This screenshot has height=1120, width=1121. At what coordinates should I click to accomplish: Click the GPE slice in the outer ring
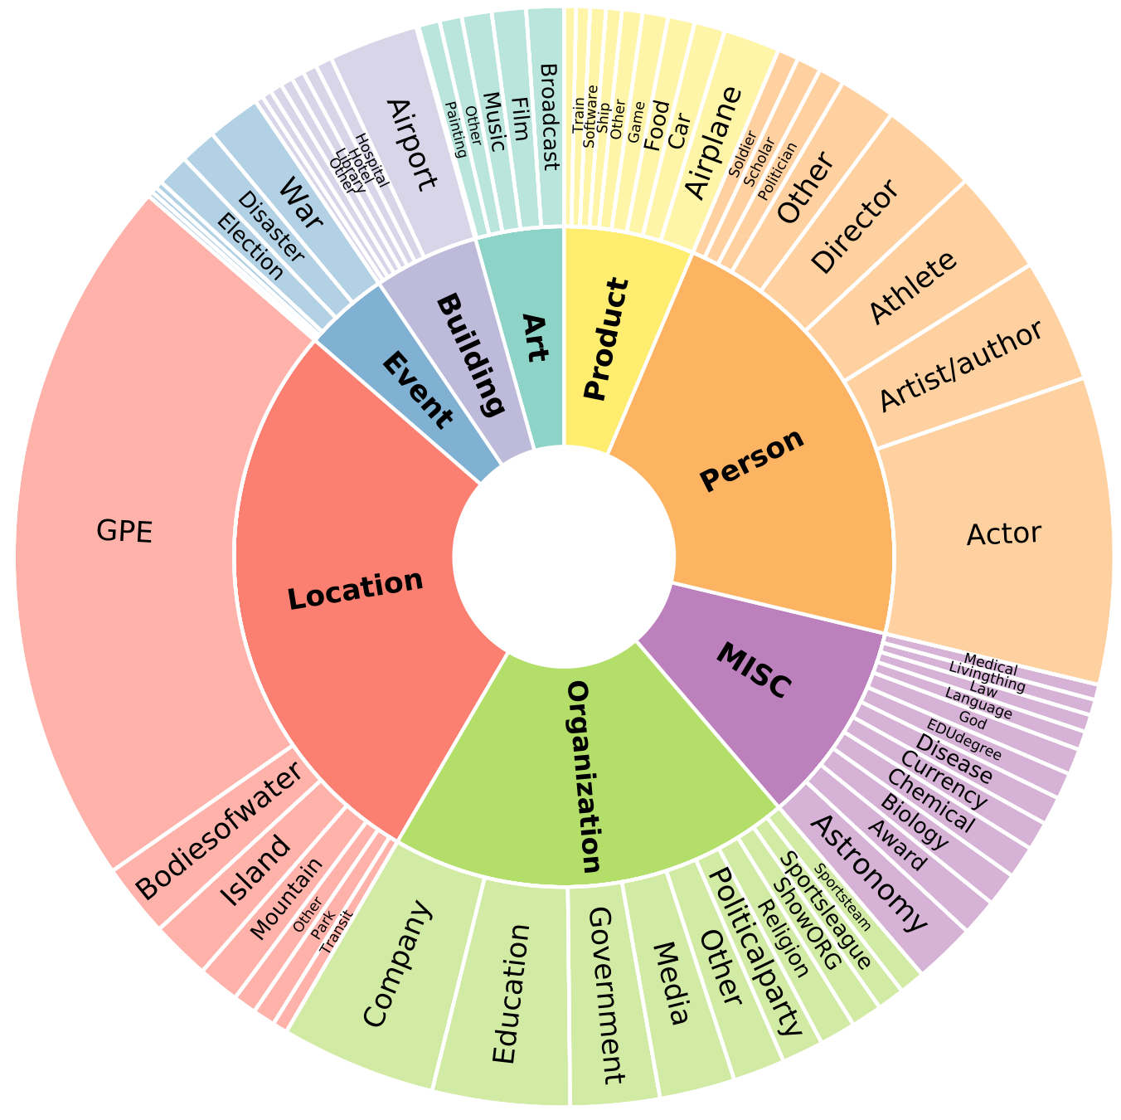coord(124,531)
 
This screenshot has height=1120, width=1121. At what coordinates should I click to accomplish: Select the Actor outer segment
coord(1003,533)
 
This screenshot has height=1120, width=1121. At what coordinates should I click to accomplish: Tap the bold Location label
coord(356,590)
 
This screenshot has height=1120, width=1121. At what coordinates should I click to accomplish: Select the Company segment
coord(398,962)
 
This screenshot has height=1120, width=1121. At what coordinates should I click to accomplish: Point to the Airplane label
coord(713,142)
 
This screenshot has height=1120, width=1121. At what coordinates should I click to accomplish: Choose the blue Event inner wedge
coord(419,390)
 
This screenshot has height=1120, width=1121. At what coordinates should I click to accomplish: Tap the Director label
coord(855,226)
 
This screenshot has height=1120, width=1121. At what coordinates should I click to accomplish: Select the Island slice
coord(256,871)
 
